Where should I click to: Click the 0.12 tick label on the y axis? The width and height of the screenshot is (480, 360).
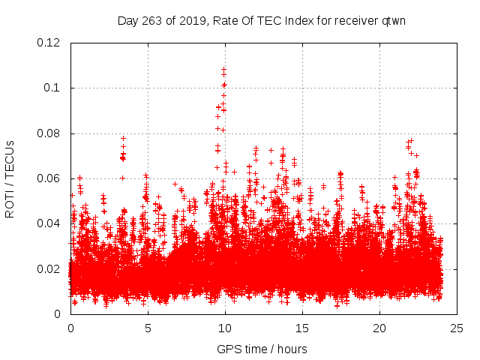[49, 43]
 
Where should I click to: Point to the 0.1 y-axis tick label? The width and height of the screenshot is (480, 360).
[54, 88]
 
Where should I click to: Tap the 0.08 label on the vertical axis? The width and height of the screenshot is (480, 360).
[49, 133]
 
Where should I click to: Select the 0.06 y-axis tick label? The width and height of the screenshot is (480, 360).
[49, 178]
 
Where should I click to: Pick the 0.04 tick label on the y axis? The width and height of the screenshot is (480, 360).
[49, 223]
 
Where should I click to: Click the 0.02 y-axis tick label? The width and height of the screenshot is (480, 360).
[49, 268]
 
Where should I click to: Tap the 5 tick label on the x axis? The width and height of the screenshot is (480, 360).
[148, 328]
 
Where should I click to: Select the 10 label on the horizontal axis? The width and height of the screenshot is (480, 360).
[225, 328]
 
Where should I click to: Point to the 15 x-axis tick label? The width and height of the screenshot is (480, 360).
[302, 328]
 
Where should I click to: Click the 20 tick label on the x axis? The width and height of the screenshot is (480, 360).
[379, 328]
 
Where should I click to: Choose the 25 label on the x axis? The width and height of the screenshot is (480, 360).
[457, 328]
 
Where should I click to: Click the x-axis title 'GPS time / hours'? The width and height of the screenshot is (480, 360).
[262, 349]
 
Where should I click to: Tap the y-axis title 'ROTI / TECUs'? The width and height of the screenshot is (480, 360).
[10, 178]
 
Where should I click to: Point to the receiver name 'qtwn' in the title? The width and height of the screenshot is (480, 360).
[392, 20]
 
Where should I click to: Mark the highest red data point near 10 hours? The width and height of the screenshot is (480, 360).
[223, 69]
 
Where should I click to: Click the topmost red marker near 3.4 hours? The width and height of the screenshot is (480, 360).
[123, 138]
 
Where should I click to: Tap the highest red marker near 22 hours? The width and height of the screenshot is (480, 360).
[410, 140]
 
